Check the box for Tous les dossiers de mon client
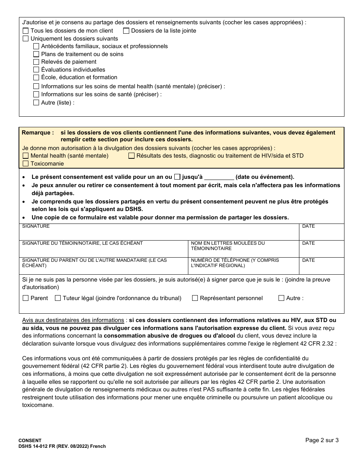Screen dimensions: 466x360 [x=26, y=31]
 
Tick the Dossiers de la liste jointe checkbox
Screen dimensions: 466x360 [x=126, y=31]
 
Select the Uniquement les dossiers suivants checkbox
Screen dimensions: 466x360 [x=26, y=39]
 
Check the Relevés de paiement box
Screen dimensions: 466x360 [x=36, y=62]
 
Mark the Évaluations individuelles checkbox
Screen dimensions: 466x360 [x=36, y=70]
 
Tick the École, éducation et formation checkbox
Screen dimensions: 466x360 [x=36, y=77]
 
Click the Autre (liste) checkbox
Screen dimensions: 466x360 [x=36, y=102]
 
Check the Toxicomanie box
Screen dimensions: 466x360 [x=26, y=164]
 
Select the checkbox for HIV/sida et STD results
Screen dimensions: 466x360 [x=131, y=156]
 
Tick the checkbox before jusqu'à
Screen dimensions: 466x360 [x=177, y=177]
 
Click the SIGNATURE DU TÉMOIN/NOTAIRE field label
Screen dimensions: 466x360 [x=82, y=243]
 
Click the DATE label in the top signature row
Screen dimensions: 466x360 [x=308, y=226]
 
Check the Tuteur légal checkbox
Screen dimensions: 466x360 [x=58, y=298]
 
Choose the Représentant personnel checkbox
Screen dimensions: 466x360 [x=195, y=298]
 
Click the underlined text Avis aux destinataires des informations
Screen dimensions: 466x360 [x=73, y=320]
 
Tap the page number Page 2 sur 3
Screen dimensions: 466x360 [x=322, y=440]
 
